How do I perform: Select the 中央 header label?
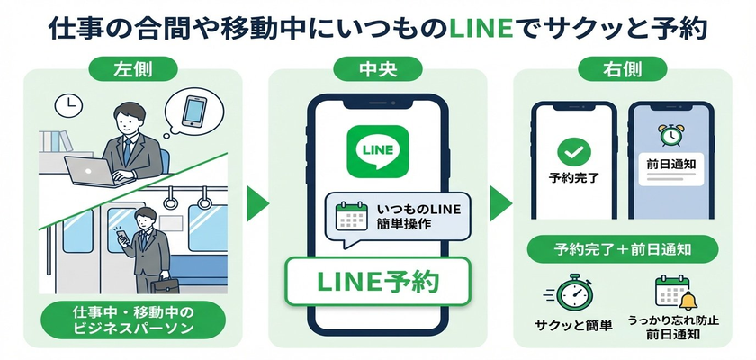tap(377, 70)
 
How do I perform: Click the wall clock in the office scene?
tap(65, 106)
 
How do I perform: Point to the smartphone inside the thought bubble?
tap(193, 111)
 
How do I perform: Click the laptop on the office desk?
tap(90, 168)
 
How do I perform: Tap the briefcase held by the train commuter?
tap(164, 290)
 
